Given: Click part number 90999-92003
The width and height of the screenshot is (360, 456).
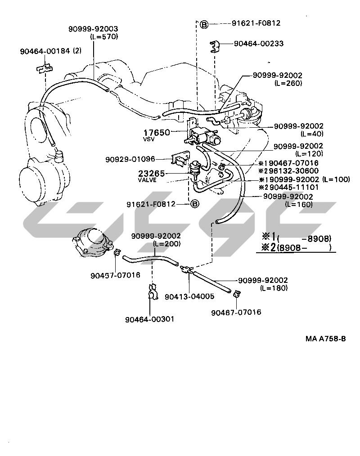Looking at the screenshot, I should pos(93,29).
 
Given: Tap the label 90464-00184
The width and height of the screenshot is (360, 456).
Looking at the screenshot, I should pos(45,51).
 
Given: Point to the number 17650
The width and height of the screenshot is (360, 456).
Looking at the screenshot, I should pos(157,133).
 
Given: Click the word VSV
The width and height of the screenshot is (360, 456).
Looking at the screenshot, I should pos(149,139).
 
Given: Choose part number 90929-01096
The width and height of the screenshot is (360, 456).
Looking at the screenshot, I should pos(130,159).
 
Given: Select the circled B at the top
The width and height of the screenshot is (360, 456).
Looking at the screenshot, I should pos(203,24).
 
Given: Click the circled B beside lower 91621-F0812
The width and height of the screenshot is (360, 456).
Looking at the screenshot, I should pos(194,204).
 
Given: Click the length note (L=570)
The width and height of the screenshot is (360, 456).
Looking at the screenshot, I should pos(104,36).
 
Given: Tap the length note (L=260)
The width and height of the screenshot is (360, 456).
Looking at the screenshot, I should pos(288,83).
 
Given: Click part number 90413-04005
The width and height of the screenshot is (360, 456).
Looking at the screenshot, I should pos(189,297).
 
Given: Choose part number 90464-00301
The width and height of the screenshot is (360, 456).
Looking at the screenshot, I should pos(149,319).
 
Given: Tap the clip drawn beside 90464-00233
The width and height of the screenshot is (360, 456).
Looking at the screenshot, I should pos(216,45).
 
